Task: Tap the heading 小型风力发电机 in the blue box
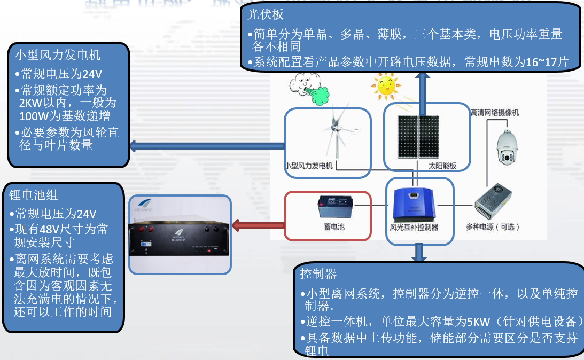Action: coord(58,55)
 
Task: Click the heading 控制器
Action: coord(318,274)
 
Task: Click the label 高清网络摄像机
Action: coord(494,113)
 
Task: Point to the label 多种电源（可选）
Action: coord(497,226)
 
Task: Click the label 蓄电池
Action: coord(334,226)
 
